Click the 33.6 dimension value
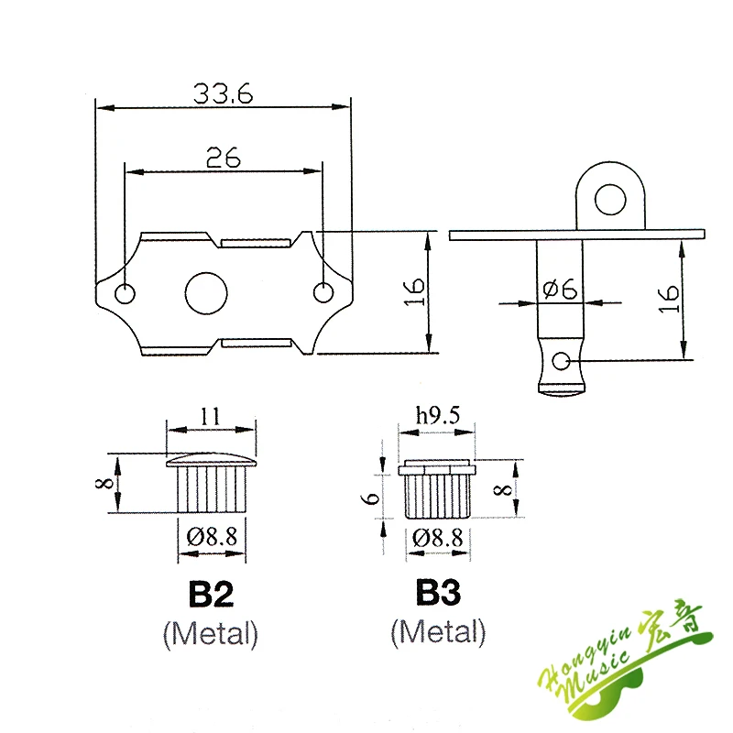click(223, 93)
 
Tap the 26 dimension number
click(224, 158)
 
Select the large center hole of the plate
click(206, 293)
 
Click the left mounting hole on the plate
click(125, 294)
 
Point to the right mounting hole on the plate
click(323, 292)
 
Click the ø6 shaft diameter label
click(560, 289)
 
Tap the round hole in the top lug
click(610, 200)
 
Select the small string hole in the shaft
click(561, 361)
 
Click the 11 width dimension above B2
click(210, 416)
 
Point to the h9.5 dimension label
click(438, 416)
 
